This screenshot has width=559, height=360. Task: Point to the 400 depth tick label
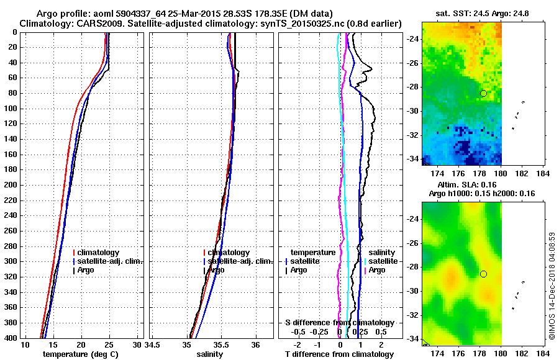[11, 338]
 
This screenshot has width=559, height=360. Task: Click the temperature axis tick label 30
[137, 344]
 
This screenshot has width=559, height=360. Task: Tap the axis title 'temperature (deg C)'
[80, 354]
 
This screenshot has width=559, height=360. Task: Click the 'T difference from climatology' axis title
[339, 354]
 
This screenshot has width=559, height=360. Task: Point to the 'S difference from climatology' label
[339, 323]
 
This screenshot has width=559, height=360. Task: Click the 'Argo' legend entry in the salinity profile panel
[216, 270]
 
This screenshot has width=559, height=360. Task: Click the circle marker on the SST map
[483, 93]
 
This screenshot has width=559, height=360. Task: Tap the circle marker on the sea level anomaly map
[483, 274]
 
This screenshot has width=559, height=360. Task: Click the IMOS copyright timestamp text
[552, 286]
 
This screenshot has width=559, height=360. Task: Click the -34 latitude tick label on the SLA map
[412, 339]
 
